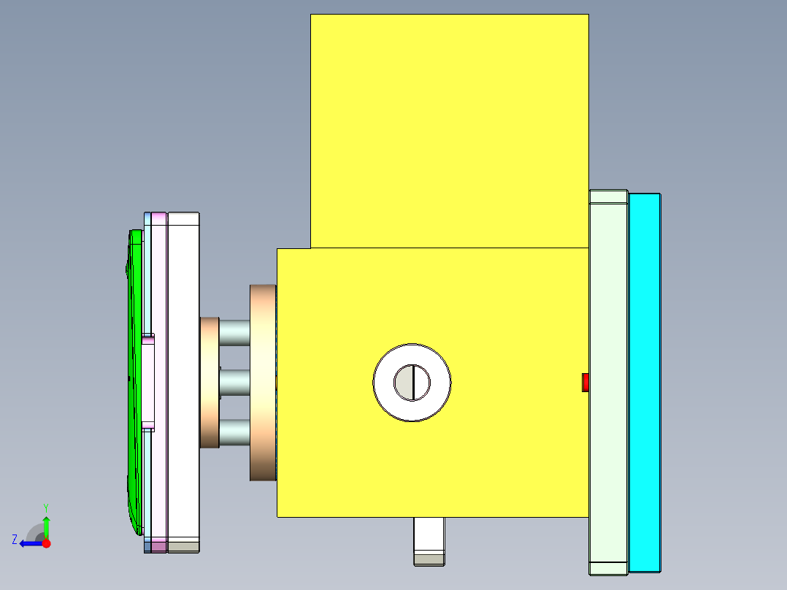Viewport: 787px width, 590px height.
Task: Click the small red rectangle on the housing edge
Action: click(585, 382)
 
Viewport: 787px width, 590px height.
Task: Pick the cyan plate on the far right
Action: click(645, 381)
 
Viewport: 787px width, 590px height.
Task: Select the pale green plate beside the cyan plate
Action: click(608, 381)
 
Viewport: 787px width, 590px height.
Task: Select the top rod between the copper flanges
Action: click(234, 332)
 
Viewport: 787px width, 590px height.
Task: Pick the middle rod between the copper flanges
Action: click(234, 382)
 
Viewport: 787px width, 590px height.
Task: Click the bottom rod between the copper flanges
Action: click(234, 432)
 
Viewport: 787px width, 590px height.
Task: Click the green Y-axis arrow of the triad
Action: click(46, 526)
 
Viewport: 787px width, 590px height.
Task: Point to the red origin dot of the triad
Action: click(46, 543)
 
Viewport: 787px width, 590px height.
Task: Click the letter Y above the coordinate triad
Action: click(45, 507)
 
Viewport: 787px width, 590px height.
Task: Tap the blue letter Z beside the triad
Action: click(15, 540)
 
